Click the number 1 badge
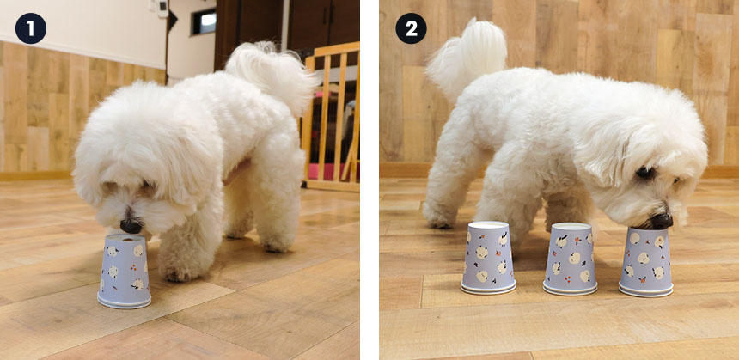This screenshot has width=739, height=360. click(31, 28)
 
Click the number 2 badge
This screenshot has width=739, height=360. click(411, 28)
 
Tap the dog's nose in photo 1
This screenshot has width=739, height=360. click(131, 226)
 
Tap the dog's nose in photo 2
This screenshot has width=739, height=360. click(662, 221)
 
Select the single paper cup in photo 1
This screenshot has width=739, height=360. click(125, 272)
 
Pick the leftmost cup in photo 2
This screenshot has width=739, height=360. click(488, 258)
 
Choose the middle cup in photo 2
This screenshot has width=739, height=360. click(571, 259)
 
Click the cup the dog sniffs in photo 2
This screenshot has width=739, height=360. click(646, 262)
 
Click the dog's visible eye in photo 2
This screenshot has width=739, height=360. click(644, 173)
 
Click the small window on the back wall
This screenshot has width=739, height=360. click(204, 22)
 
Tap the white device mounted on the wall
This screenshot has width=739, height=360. click(162, 9)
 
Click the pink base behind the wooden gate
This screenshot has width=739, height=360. click(330, 172)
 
